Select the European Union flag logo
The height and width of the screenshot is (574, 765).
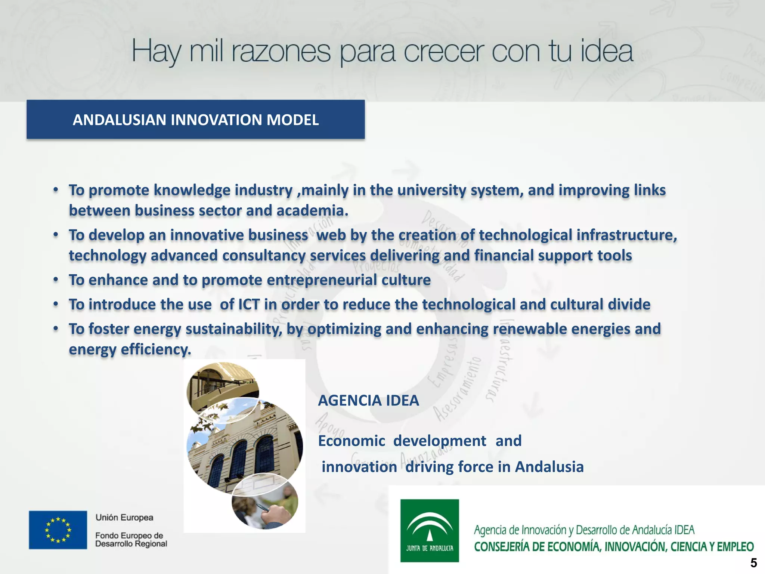[x=58, y=530]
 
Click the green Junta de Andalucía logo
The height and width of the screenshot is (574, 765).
[x=430, y=530]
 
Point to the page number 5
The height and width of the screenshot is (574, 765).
[x=753, y=563]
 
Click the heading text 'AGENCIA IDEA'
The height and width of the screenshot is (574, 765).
[x=368, y=401]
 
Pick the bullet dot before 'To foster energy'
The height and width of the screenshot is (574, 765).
[x=56, y=328]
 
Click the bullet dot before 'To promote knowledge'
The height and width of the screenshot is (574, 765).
[x=56, y=190]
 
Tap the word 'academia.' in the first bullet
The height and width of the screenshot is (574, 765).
[x=312, y=210]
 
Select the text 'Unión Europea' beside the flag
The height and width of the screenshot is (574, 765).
[x=124, y=518]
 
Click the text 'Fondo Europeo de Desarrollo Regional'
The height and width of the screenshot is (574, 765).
[x=131, y=540]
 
